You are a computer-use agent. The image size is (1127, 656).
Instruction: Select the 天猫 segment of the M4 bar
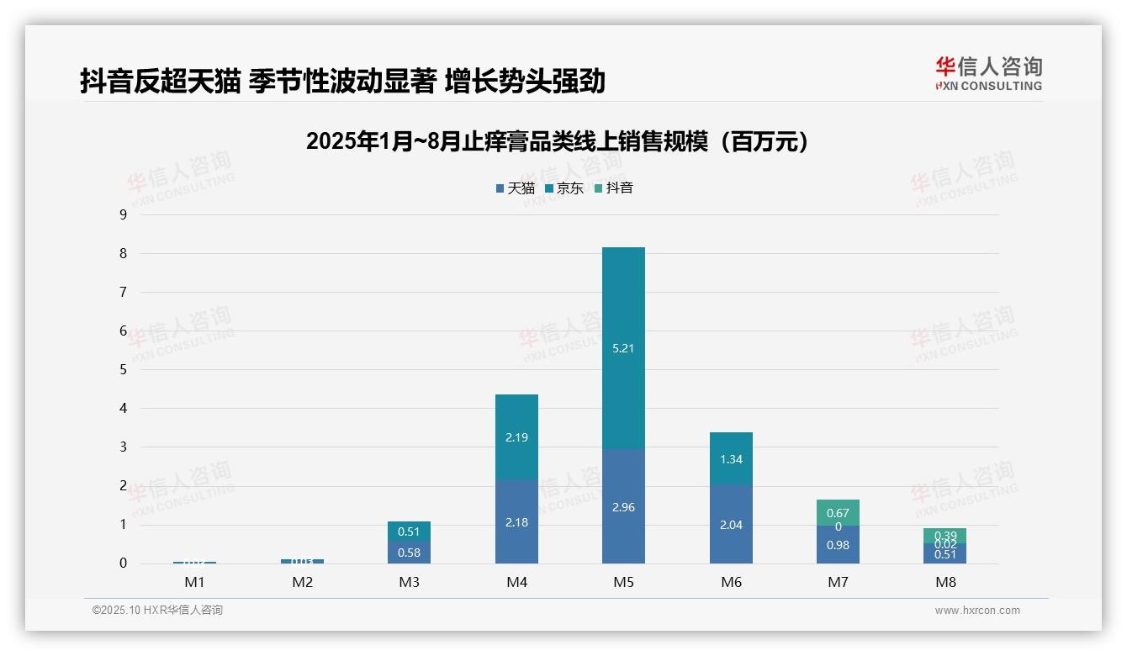pyautogui.click(x=516, y=521)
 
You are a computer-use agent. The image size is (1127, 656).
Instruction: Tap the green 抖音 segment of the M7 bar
pyautogui.click(x=838, y=511)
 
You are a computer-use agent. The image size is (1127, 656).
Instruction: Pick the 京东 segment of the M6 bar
pyautogui.click(x=731, y=459)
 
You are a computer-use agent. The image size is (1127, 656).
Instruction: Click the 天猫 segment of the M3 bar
pyautogui.click(x=409, y=552)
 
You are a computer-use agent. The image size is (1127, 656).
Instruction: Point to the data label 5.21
pyautogui.click(x=623, y=348)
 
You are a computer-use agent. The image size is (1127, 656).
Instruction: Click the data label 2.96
pyautogui.click(x=623, y=508)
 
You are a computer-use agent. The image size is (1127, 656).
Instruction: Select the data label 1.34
pyautogui.click(x=731, y=460)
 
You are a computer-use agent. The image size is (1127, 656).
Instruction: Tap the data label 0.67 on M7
pyautogui.click(x=838, y=513)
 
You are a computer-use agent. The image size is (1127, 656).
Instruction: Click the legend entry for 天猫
pyautogui.click(x=516, y=188)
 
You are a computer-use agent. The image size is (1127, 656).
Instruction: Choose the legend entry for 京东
pyautogui.click(x=564, y=188)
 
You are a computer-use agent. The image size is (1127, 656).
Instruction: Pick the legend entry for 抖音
pyautogui.click(x=614, y=188)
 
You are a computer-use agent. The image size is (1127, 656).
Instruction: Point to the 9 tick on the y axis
pyautogui.click(x=124, y=214)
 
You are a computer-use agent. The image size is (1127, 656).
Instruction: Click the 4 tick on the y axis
pyautogui.click(x=124, y=408)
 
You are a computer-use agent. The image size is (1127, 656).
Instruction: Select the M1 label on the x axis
pyautogui.click(x=194, y=582)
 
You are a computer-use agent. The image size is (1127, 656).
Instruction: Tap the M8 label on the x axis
pyautogui.click(x=945, y=582)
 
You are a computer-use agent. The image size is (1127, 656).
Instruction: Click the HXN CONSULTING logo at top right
pyautogui.click(x=988, y=74)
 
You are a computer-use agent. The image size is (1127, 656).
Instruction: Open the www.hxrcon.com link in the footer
pyautogui.click(x=977, y=611)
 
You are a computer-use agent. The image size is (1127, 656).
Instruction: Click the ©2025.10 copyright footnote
pyautogui.click(x=157, y=611)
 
